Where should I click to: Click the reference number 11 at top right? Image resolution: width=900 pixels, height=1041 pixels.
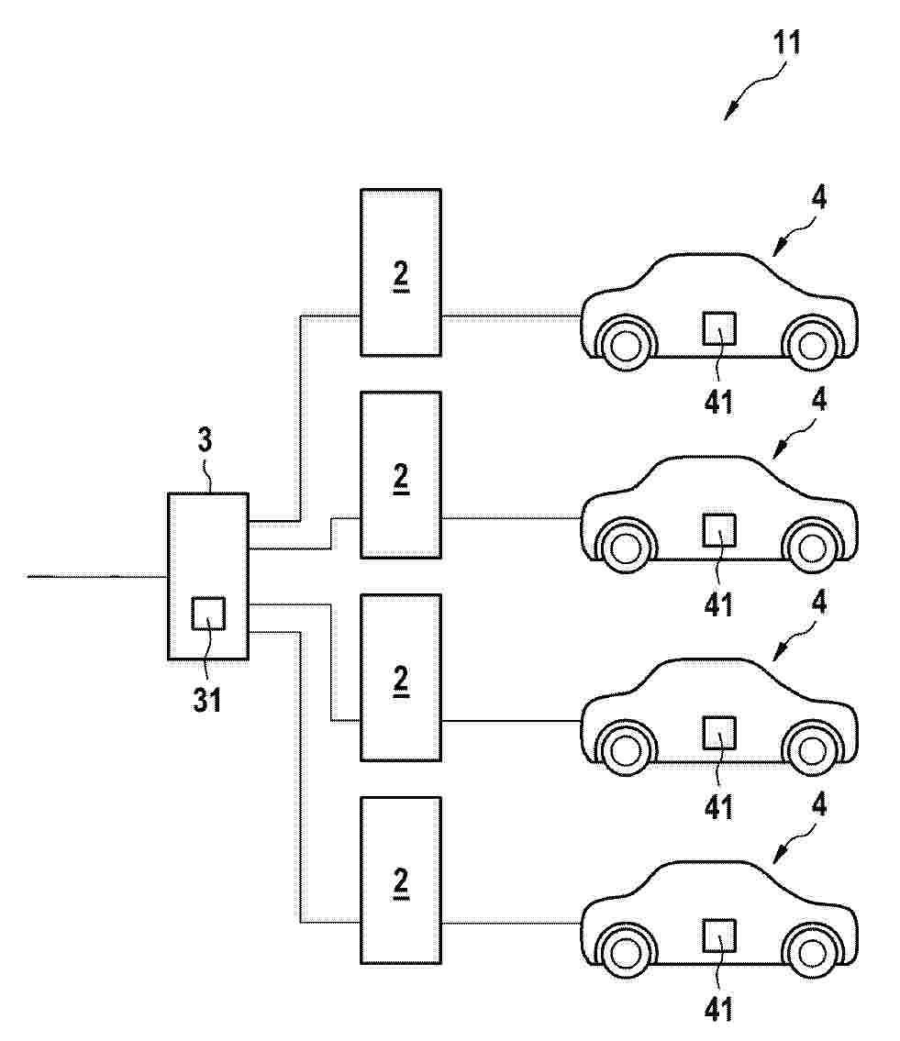click(x=787, y=42)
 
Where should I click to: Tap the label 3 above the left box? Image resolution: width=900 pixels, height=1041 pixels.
click(x=206, y=440)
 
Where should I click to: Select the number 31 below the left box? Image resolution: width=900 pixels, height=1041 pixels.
click(x=207, y=699)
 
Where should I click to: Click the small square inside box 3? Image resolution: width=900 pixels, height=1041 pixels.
click(x=208, y=613)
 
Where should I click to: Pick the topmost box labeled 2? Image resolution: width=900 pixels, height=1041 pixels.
click(x=401, y=273)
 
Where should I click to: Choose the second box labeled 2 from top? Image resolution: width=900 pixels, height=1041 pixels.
click(x=401, y=475)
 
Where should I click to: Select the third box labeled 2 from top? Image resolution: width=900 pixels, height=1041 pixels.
click(x=401, y=678)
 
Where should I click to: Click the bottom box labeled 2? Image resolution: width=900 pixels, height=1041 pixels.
click(x=401, y=880)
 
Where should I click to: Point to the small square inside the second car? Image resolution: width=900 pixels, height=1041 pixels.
click(x=719, y=530)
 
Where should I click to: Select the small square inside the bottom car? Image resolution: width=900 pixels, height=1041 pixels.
click(x=719, y=936)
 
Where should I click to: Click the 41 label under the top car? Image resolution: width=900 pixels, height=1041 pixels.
click(x=718, y=403)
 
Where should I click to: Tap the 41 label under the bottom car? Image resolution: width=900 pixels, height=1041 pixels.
click(x=718, y=1010)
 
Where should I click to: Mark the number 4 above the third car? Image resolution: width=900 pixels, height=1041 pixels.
click(x=819, y=603)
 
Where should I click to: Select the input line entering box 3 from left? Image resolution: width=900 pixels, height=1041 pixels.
click(x=97, y=576)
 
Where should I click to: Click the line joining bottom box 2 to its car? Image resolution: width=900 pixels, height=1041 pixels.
click(x=511, y=922)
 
